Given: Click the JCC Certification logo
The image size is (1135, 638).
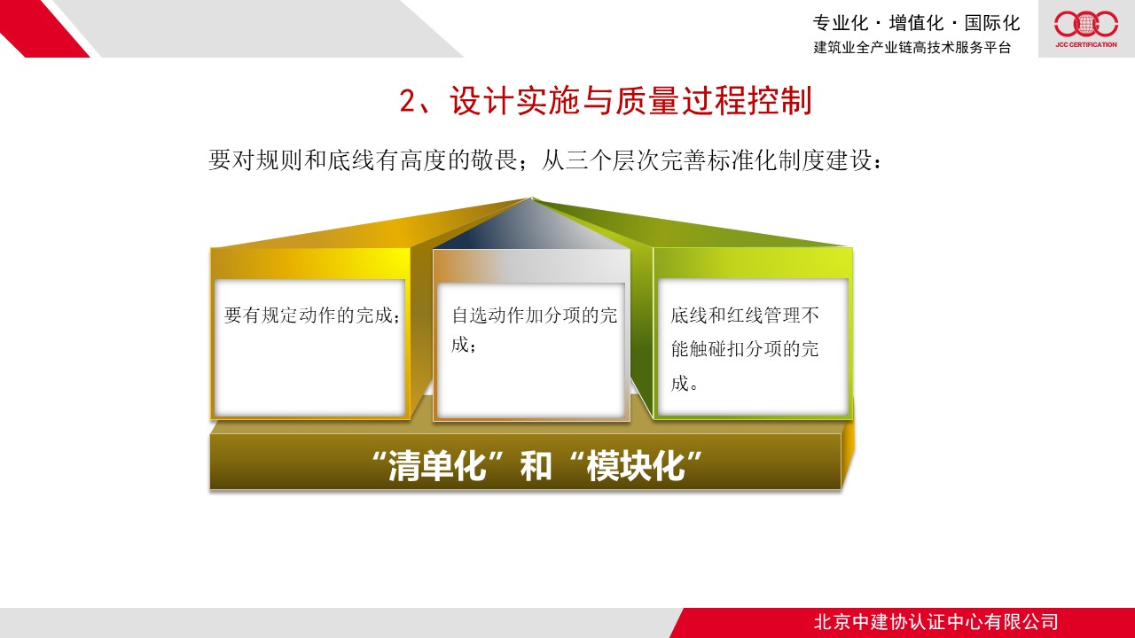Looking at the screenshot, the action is (x=1086, y=29).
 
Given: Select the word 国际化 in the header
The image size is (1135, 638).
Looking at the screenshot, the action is (x=992, y=23).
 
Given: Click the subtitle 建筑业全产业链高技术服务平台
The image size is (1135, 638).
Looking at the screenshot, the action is (x=912, y=47).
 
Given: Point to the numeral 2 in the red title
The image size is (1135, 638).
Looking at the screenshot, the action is (x=407, y=100).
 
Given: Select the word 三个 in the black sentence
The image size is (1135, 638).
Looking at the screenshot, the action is (x=576, y=160).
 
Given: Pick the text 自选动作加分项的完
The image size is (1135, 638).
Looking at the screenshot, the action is (x=535, y=315).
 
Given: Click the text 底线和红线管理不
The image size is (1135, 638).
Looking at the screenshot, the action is (x=745, y=315).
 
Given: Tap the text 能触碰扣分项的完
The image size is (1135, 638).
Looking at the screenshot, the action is (x=745, y=349).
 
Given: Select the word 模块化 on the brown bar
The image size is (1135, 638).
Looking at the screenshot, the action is (x=636, y=465).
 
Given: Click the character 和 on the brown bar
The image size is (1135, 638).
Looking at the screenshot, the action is (x=536, y=465).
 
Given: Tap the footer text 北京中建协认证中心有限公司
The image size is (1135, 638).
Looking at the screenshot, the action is (x=935, y=622).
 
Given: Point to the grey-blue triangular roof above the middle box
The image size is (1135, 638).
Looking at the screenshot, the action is (x=531, y=228).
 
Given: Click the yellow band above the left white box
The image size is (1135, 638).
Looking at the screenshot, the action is (x=310, y=263).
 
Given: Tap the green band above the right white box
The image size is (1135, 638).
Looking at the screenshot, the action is (x=753, y=263).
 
